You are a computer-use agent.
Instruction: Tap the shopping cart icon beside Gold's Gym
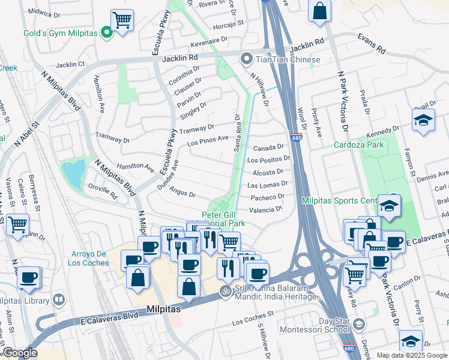pyautogui.click(x=122, y=20)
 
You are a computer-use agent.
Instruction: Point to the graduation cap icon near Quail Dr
pyautogui.click(x=423, y=120)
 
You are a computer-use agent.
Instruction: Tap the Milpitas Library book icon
pyautogui.click(x=59, y=299)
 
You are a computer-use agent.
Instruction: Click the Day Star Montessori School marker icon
pyautogui.click(x=358, y=325)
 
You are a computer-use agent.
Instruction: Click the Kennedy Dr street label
pyautogui.click(x=383, y=133)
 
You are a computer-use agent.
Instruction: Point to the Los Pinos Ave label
pyautogui.click(x=208, y=141)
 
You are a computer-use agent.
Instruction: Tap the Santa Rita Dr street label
pyautogui.click(x=237, y=133)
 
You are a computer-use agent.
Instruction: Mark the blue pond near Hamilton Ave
pyautogui.click(x=74, y=173)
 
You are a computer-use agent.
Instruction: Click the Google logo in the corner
pyautogui.click(x=20, y=353)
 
